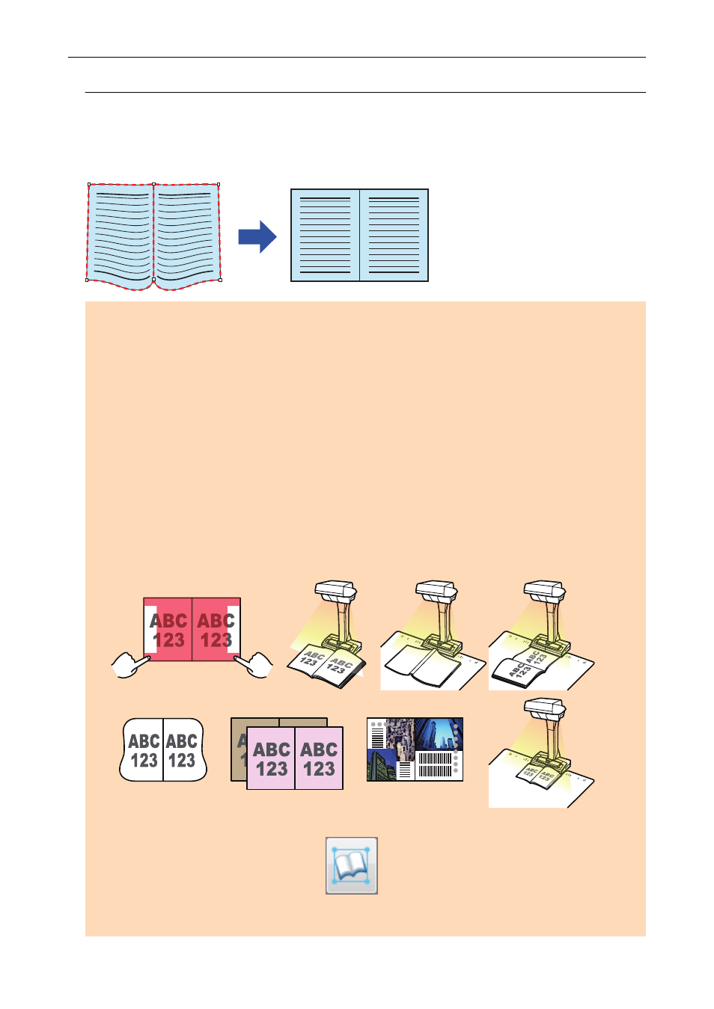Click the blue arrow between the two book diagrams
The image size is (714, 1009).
pyautogui.click(x=257, y=237)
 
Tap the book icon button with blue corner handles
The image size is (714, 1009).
pyautogui.click(x=351, y=865)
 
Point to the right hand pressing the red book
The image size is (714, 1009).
pyautogui.click(x=255, y=663)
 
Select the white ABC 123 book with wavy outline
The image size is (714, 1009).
pyautogui.click(x=163, y=750)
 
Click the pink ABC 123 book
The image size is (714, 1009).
pyautogui.click(x=295, y=758)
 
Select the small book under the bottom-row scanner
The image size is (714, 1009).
pyautogui.click(x=537, y=776)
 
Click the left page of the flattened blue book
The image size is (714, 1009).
pyautogui.click(x=326, y=236)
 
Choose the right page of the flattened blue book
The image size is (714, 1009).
pyautogui.click(x=394, y=236)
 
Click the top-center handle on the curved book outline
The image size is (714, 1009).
pyautogui.click(x=154, y=184)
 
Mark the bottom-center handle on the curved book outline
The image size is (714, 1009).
pyautogui.click(x=154, y=280)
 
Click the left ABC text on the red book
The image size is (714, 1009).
pyautogui.click(x=168, y=621)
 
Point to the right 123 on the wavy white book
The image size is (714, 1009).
pyautogui.click(x=182, y=761)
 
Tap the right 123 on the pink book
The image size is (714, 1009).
pyautogui.click(x=319, y=769)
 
